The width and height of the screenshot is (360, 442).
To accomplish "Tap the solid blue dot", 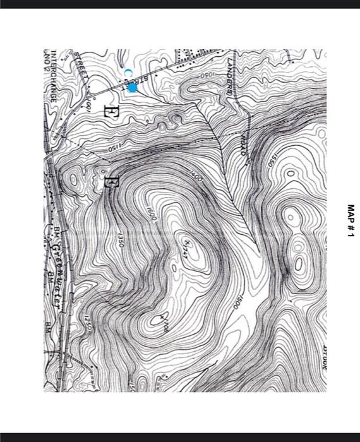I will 132,88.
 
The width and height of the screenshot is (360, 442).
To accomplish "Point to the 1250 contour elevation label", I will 88,322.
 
